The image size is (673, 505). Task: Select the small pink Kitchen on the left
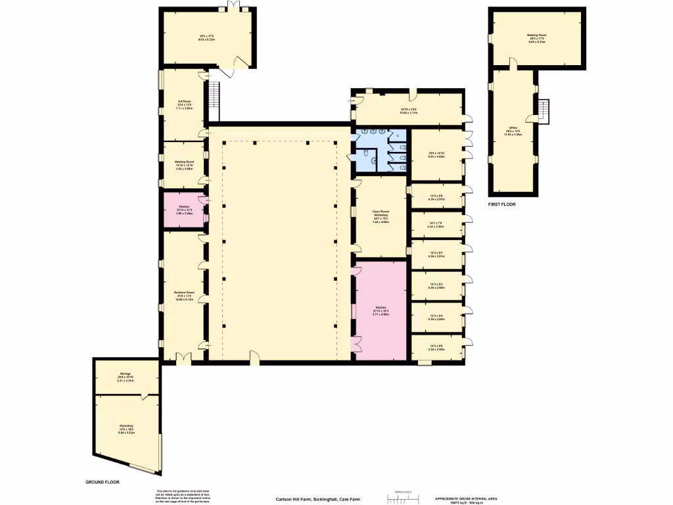click(x=183, y=210)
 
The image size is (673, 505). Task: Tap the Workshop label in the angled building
click(x=126, y=428)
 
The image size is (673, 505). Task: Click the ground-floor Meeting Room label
click(x=184, y=164)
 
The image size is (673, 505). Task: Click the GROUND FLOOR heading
click(x=103, y=482)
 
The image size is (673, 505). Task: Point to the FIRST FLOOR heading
click(x=501, y=204)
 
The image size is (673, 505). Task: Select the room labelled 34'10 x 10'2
click(x=409, y=111)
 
